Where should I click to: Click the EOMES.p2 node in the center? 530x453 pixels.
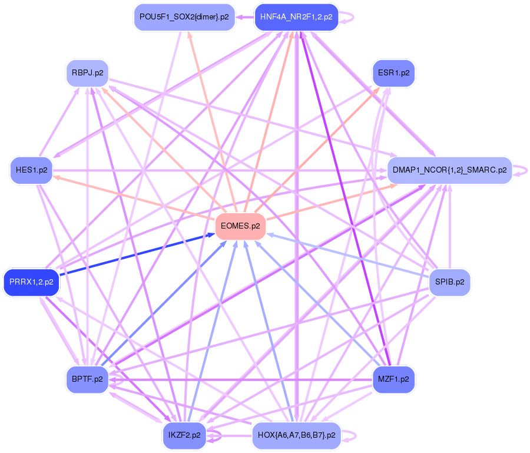point(240,226)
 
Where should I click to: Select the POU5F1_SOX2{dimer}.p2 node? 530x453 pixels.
point(184,16)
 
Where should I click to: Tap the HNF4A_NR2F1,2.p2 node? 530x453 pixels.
point(296,16)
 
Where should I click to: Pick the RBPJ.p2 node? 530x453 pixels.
point(87,74)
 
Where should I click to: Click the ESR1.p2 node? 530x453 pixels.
point(393,74)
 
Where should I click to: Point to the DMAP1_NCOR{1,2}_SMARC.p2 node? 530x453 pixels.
point(449,170)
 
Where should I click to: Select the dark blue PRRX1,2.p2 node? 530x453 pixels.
point(32,282)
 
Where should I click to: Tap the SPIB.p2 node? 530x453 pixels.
point(450,282)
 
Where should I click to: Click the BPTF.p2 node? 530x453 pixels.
point(87,379)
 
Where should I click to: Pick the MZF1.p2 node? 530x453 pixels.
point(393,379)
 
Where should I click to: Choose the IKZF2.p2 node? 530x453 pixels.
point(184,436)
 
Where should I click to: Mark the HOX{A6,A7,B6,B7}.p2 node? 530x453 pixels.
point(296,436)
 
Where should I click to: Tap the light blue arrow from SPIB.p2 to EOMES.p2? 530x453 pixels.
point(347,254)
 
